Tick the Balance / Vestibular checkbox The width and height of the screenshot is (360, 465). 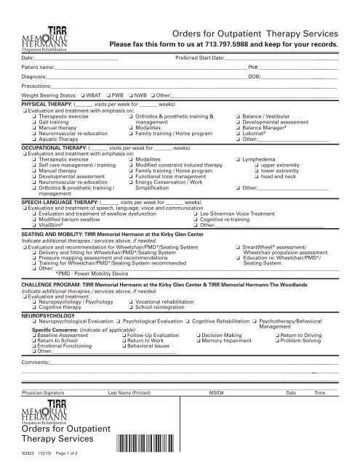[237, 116]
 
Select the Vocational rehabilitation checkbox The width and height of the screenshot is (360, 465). [129, 301]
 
